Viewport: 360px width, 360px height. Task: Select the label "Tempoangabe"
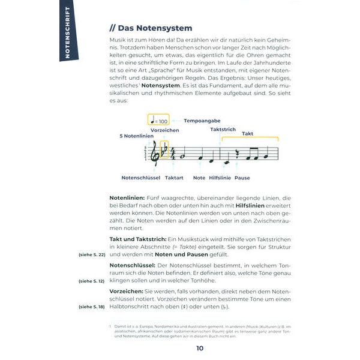[x=201, y=121]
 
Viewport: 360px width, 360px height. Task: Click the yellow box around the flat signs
[x=165, y=149]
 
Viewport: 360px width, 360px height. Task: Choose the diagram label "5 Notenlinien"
[x=138, y=137]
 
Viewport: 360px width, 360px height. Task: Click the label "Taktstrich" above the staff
[x=223, y=129]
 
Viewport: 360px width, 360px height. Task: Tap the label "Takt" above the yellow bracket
[x=247, y=134]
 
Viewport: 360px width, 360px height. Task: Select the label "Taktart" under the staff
[x=174, y=178]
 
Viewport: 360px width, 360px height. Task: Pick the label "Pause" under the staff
[x=242, y=178]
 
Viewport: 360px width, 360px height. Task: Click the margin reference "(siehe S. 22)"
[x=91, y=255]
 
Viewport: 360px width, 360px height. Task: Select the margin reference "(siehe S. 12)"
[x=91, y=280]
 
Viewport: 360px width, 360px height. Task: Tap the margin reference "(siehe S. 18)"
[x=91, y=307]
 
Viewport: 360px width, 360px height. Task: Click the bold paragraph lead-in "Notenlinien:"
[x=127, y=197]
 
